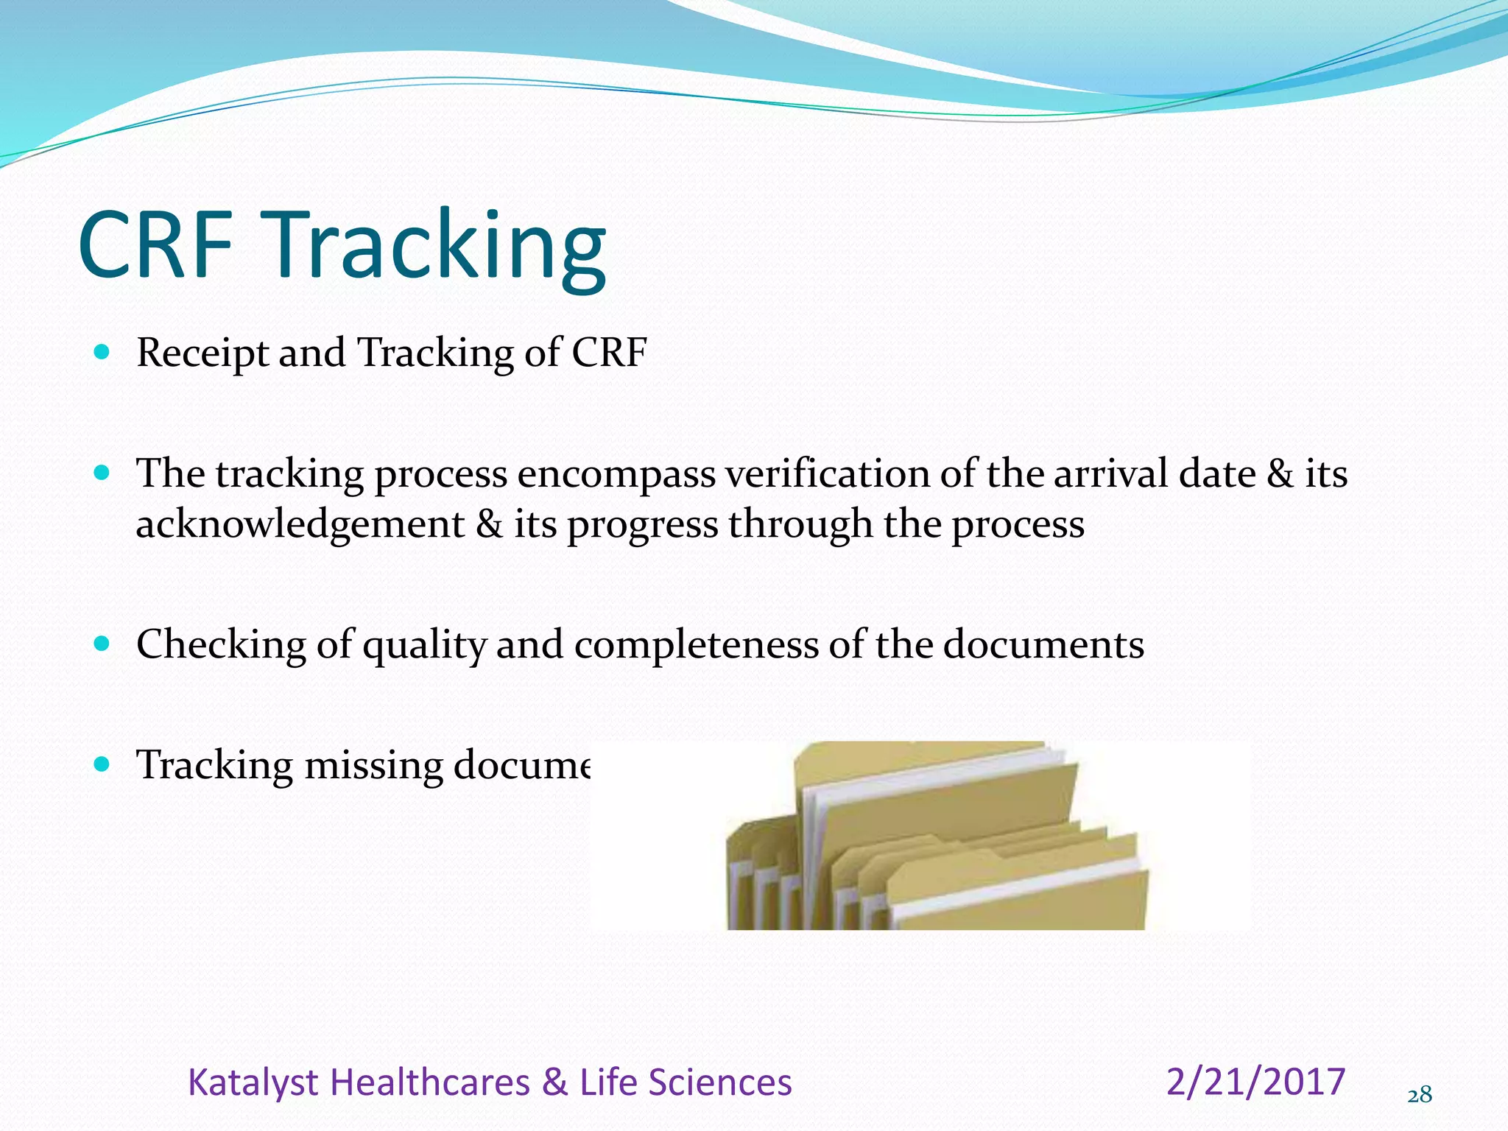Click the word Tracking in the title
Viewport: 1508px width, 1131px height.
coord(440,247)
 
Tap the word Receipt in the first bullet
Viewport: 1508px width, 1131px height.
coord(202,353)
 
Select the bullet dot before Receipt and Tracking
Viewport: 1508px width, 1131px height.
coord(102,352)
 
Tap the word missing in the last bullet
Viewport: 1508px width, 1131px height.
coord(373,767)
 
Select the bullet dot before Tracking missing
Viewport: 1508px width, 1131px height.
coord(102,764)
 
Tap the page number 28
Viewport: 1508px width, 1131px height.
coord(1420,1096)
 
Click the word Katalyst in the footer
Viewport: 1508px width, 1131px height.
coord(252,1083)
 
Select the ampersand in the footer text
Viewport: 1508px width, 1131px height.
coord(554,1083)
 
